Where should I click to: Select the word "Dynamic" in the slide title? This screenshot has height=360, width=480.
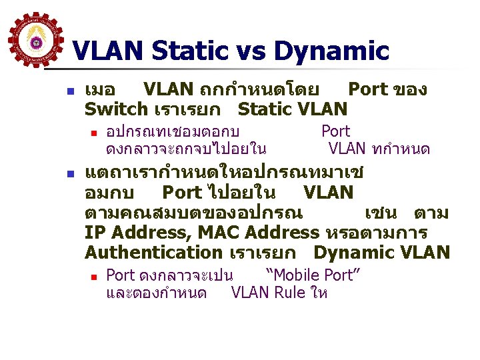click(331, 51)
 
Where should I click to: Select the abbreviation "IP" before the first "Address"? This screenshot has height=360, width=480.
click(95, 233)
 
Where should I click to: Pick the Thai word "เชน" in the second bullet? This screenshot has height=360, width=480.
click(381, 213)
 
